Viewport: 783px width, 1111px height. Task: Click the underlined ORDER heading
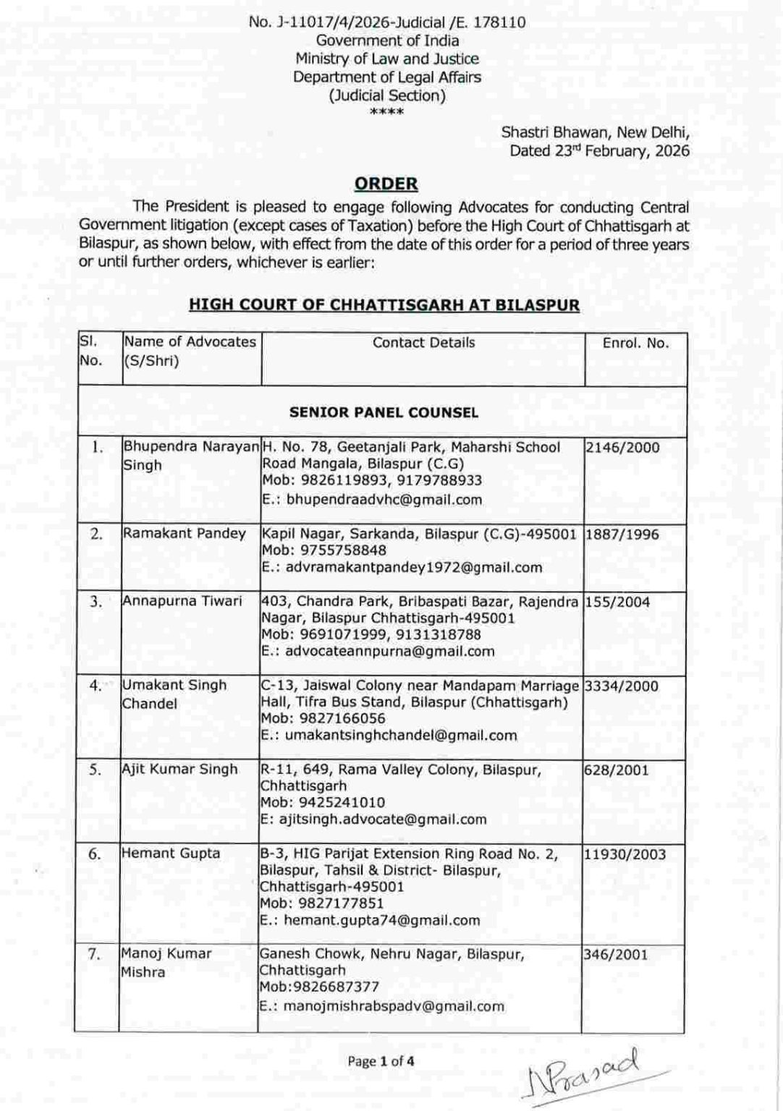click(386, 184)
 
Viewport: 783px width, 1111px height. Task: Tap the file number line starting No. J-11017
click(386, 22)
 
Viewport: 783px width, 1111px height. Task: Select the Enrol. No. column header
click(635, 343)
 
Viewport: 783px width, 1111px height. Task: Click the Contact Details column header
click(423, 343)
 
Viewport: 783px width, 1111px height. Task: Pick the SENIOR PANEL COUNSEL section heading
click(384, 412)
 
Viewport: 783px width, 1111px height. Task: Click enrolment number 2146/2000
click(622, 447)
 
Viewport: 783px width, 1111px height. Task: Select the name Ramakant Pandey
click(185, 533)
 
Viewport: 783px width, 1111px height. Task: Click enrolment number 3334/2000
click(622, 685)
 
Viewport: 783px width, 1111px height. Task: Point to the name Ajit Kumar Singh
click(179, 769)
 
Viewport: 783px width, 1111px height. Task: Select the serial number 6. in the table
click(95, 854)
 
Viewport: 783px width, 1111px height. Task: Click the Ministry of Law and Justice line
click(386, 59)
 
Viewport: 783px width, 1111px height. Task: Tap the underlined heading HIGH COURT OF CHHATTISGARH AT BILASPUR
click(384, 305)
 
